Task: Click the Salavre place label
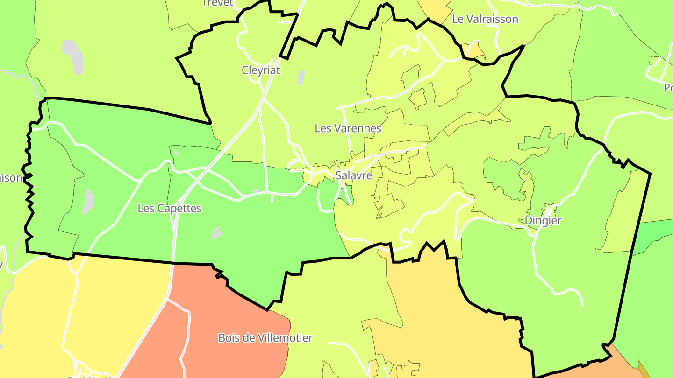click(x=353, y=175)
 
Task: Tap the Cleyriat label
click(x=260, y=70)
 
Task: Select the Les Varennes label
click(x=348, y=128)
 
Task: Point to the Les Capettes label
click(x=169, y=208)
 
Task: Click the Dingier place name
click(x=543, y=220)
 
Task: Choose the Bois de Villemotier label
click(x=265, y=338)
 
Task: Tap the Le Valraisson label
click(x=485, y=19)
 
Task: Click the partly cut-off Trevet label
click(x=217, y=3)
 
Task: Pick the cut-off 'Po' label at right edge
click(x=668, y=88)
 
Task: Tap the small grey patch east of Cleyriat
click(x=301, y=77)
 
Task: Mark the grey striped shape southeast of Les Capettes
click(x=215, y=232)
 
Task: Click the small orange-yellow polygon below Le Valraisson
click(x=473, y=50)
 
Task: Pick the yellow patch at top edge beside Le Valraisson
click(x=434, y=9)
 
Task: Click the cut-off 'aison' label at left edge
click(x=11, y=178)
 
